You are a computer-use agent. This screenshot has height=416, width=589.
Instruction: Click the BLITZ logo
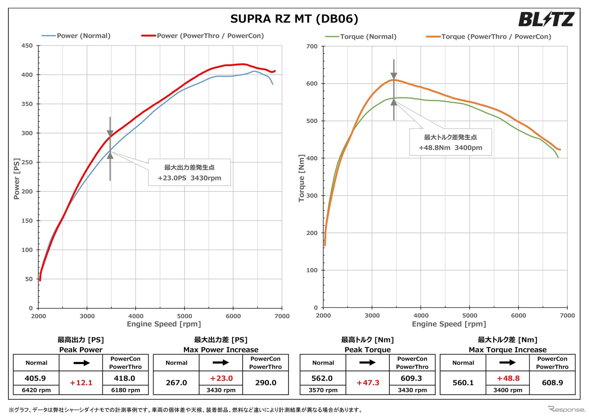tap(546, 19)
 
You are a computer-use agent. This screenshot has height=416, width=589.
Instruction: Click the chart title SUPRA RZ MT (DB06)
tap(294, 19)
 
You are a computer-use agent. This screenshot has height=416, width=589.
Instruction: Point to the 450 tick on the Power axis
tap(27, 46)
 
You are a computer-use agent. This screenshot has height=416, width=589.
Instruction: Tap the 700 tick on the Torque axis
tap(312, 46)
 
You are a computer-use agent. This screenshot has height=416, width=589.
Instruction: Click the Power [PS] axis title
tap(17, 179)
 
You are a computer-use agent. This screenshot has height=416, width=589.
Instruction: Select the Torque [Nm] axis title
tap(301, 178)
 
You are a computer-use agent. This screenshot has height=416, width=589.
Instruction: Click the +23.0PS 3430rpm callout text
tap(190, 178)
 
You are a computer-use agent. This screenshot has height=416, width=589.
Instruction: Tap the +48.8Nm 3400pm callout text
tap(450, 148)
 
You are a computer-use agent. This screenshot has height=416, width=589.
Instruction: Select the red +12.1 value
tap(81, 383)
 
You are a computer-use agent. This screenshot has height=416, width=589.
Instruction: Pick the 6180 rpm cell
tap(126, 390)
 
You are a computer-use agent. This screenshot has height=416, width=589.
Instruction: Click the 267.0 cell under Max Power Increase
tap(176, 383)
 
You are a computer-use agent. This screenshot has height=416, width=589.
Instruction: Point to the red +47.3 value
tap(368, 383)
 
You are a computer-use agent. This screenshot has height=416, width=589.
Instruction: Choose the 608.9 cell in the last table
tap(552, 383)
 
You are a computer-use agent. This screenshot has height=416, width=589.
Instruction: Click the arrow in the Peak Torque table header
tap(367, 363)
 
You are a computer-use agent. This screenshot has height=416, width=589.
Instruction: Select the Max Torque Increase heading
tap(508, 350)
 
